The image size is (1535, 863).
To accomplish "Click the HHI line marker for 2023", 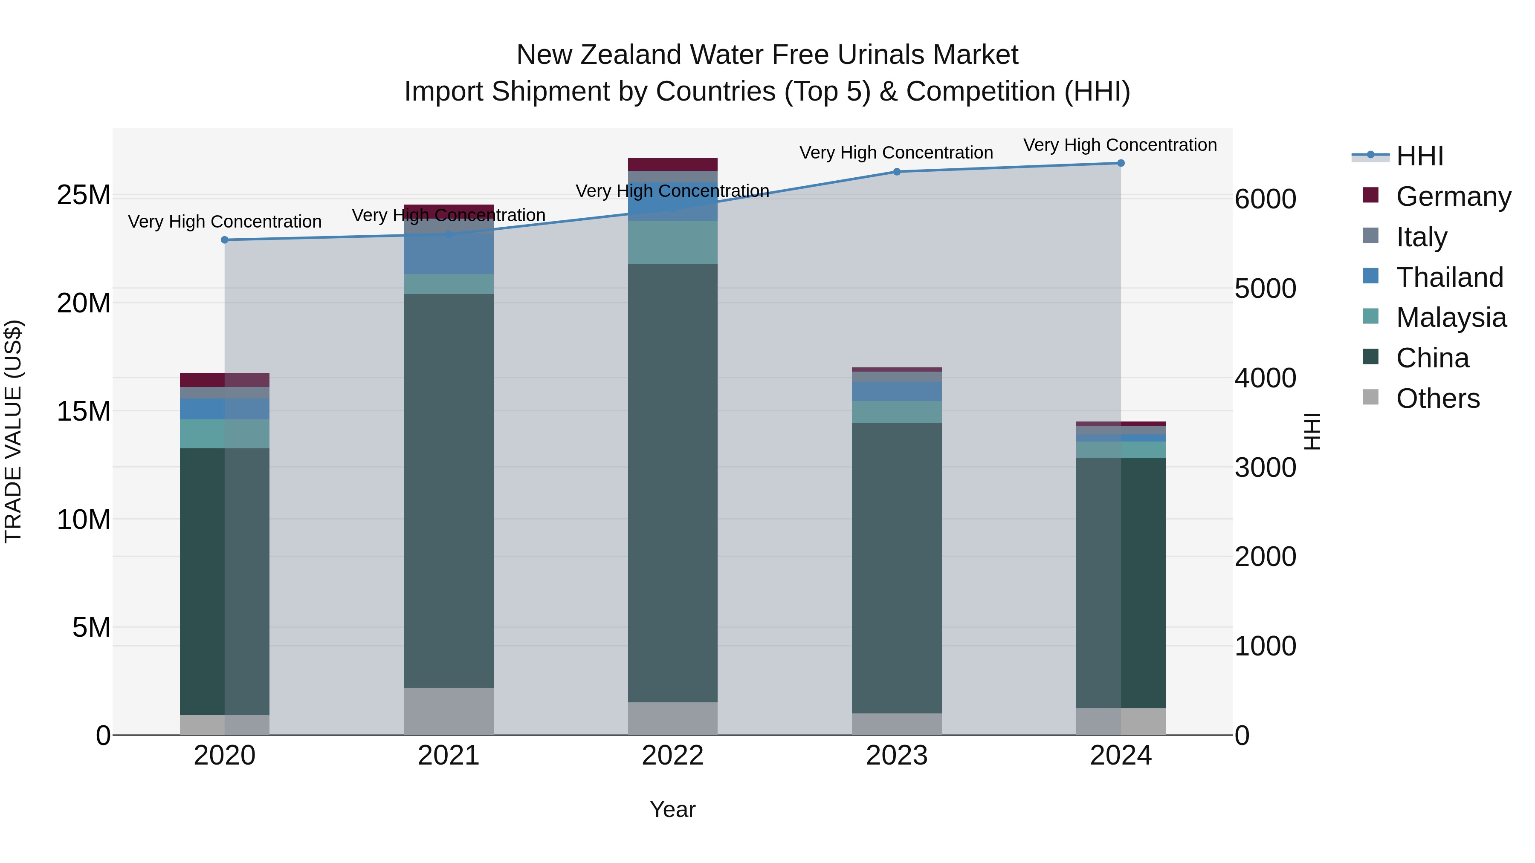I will pyautogui.click(x=896, y=171).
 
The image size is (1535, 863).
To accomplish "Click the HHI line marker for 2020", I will pyautogui.click(x=225, y=240).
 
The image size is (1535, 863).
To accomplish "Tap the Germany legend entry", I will pyautogui.click(x=1453, y=196).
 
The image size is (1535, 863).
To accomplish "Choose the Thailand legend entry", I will pyautogui.click(x=1449, y=277).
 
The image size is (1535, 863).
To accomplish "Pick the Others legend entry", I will pyautogui.click(x=1437, y=398).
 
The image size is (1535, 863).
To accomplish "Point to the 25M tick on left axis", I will pyautogui.click(x=84, y=195).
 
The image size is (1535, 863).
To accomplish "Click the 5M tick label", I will pyautogui.click(x=91, y=627).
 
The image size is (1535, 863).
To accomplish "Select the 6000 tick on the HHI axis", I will pyautogui.click(x=1265, y=199).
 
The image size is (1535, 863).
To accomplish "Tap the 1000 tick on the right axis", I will pyautogui.click(x=1265, y=646).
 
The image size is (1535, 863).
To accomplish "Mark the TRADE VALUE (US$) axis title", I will pyautogui.click(x=13, y=431).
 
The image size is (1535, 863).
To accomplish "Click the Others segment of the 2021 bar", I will pyautogui.click(x=448, y=711).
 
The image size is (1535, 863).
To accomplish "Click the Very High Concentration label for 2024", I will pyautogui.click(x=1120, y=145).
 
